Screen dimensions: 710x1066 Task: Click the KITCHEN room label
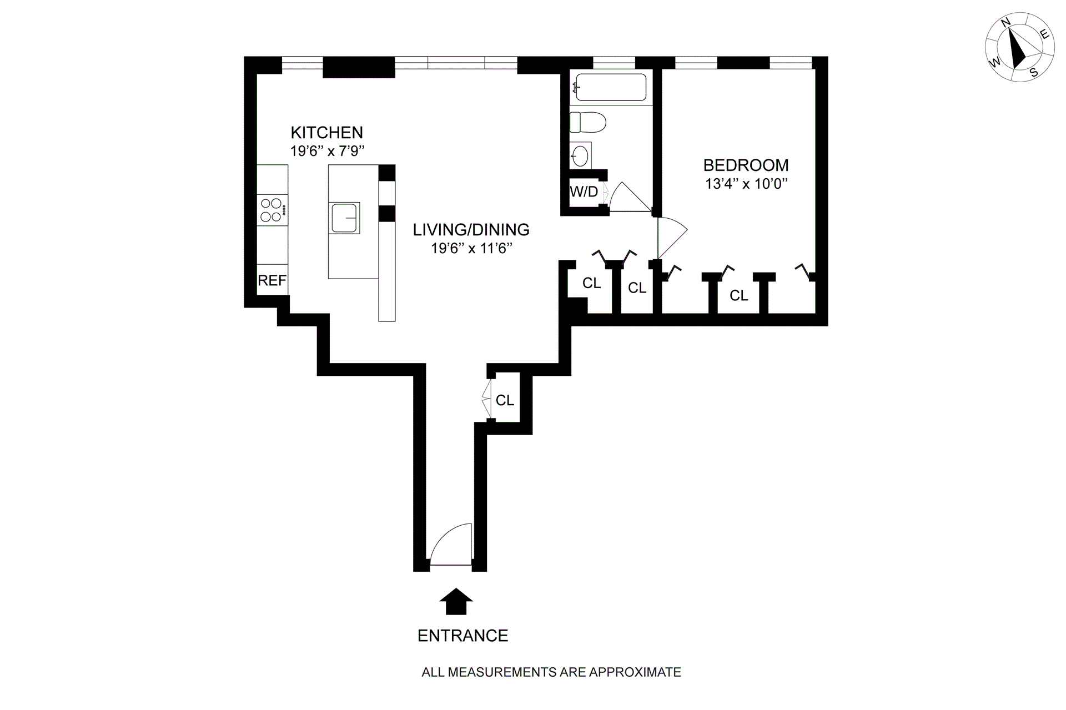326,133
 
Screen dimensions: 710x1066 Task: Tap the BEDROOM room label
746,165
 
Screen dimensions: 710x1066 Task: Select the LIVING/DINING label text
471,230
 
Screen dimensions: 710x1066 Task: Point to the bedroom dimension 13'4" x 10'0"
746,184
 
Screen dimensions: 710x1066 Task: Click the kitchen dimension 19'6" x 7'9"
327,151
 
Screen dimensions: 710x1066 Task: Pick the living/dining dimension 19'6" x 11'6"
471,248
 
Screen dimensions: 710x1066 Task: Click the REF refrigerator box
272,280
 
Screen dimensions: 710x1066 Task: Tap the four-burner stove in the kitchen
271,210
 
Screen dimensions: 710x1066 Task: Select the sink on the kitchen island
344,218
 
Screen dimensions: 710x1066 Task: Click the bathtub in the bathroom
610,88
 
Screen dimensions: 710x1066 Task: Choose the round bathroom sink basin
580,155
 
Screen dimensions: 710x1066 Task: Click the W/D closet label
584,192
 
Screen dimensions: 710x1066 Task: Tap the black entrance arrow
456,601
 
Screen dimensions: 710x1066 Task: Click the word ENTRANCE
462,636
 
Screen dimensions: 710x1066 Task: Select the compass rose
1019,56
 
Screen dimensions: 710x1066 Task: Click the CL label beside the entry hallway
505,400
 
